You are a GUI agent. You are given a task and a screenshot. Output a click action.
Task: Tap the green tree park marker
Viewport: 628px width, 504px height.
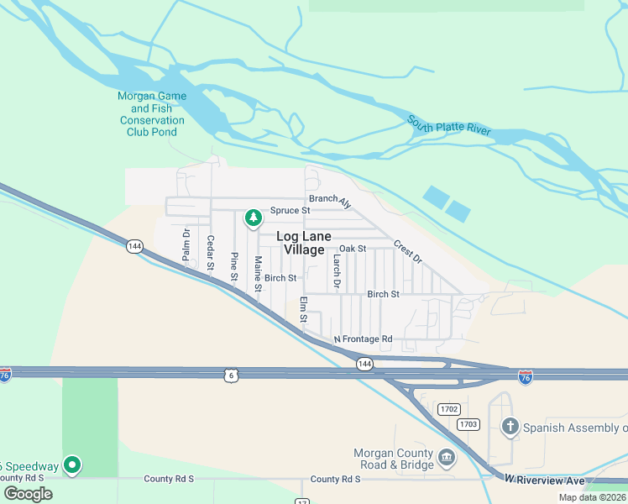tap(253, 218)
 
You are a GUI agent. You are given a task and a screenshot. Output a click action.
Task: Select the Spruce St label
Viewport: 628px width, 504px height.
tap(284, 211)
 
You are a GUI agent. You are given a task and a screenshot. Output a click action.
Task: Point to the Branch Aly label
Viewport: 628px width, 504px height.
tap(330, 201)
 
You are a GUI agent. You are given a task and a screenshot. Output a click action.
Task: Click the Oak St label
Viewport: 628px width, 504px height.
tap(353, 249)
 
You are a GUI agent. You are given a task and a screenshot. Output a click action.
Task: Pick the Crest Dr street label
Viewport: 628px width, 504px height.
tap(406, 249)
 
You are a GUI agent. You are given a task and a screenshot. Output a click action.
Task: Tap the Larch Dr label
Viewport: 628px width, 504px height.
tap(335, 272)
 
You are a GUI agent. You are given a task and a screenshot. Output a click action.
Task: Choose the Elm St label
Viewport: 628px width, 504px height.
tap(304, 310)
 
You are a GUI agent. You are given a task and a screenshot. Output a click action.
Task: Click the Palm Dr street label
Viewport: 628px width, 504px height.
tap(186, 244)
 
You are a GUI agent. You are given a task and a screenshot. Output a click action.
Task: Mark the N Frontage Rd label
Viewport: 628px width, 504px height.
tap(363, 339)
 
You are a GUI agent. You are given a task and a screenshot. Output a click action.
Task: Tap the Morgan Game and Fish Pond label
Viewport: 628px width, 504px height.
tap(151, 113)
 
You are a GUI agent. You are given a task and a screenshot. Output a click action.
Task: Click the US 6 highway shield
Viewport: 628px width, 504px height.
tap(230, 375)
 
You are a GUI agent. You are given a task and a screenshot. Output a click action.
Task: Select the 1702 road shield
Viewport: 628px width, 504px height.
tap(448, 409)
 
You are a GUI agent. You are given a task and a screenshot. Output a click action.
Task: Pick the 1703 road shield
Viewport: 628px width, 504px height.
tap(468, 424)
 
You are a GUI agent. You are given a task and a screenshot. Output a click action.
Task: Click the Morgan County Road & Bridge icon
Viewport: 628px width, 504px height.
tap(447, 459)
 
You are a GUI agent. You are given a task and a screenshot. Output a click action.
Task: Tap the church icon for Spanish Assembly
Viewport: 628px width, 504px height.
tap(510, 427)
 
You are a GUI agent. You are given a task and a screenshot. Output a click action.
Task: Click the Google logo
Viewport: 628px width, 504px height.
tap(28, 493)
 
